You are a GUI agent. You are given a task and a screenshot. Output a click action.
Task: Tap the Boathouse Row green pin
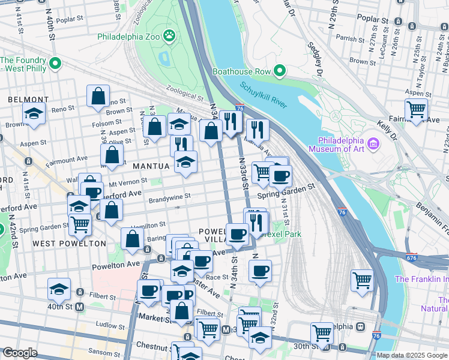coord(279,71)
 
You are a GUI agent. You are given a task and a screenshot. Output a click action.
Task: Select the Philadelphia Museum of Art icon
coord(373,143)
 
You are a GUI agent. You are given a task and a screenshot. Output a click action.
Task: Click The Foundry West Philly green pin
coord(55,62)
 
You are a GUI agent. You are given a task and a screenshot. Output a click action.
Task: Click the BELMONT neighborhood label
coord(28,99)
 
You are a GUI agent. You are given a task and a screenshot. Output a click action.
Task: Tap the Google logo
coord(20,353)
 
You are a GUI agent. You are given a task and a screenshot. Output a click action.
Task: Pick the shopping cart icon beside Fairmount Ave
coord(416,109)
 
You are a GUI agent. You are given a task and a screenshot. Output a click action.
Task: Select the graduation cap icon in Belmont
coord(34,113)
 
